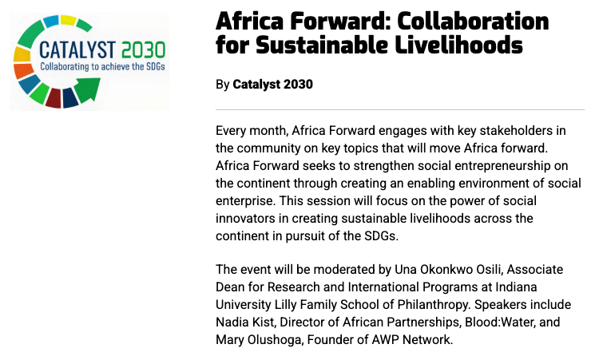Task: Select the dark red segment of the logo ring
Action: tap(53, 97)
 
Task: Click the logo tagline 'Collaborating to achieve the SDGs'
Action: tap(102, 66)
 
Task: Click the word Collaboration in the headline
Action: tap(473, 21)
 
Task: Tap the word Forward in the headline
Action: tap(338, 21)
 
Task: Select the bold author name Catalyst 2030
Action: tap(273, 85)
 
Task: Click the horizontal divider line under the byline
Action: tap(400, 110)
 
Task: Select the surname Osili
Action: tap(491, 270)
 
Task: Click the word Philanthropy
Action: tap(434, 305)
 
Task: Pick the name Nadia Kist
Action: tap(245, 322)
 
